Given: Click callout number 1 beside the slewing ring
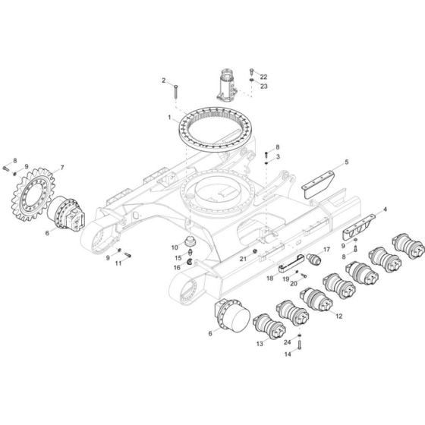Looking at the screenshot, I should [x=170, y=118].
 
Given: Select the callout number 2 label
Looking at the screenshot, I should [x=162, y=80].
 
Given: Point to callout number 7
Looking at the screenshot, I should [x=62, y=167].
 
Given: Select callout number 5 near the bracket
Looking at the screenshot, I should [x=347, y=162].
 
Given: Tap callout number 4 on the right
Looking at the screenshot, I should [x=385, y=209].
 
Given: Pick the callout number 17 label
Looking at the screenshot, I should [x=327, y=249].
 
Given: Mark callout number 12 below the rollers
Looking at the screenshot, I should [x=339, y=316].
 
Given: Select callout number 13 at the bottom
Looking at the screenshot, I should [x=260, y=344].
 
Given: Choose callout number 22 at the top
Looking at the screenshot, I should [x=264, y=77].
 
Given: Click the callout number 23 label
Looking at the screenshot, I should [x=264, y=87].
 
